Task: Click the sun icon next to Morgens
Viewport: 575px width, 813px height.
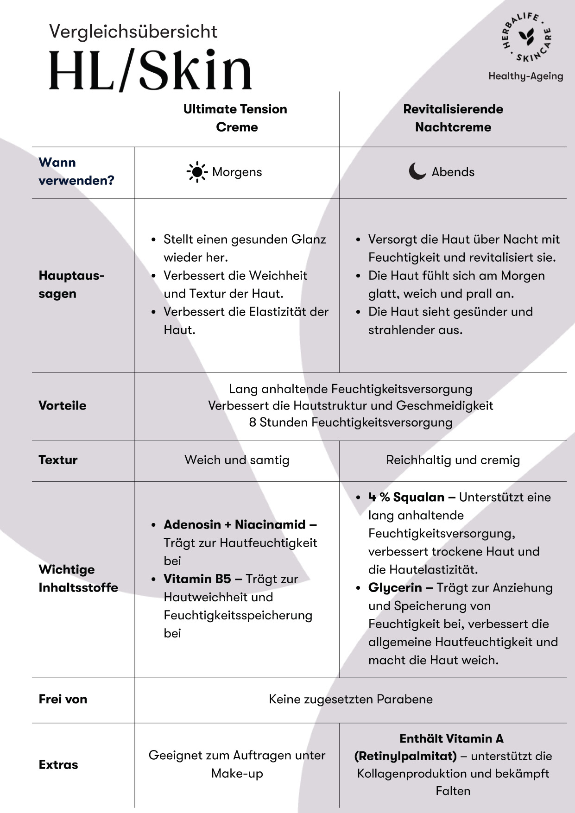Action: pos(197,172)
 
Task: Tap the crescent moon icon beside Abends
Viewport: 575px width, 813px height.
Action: pos(417,171)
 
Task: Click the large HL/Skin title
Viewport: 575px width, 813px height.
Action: pos(150,70)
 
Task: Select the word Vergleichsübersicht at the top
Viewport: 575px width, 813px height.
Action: pos(133,32)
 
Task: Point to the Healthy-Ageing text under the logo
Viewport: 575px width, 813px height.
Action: pos(525,76)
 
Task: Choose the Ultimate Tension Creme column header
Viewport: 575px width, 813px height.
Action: pos(235,118)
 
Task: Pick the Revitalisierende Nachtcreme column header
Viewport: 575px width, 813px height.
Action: pos(453,118)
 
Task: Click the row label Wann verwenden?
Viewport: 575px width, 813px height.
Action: pos(76,171)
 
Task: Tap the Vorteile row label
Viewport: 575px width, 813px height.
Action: pos(63,405)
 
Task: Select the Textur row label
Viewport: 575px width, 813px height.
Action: pos(58,460)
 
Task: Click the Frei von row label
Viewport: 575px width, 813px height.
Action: pos(63,699)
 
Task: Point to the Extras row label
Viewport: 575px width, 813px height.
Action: pos(58,764)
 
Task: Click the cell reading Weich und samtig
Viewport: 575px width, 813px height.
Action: pos(237,460)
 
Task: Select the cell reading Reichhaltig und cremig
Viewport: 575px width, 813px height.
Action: pos(453,460)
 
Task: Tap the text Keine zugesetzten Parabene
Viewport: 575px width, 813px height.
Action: pos(350,699)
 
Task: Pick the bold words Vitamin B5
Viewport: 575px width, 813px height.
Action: pos(197,579)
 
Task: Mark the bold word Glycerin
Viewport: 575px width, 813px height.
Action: pos(395,587)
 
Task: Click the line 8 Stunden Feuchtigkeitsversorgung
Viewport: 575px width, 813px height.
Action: pos(350,422)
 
